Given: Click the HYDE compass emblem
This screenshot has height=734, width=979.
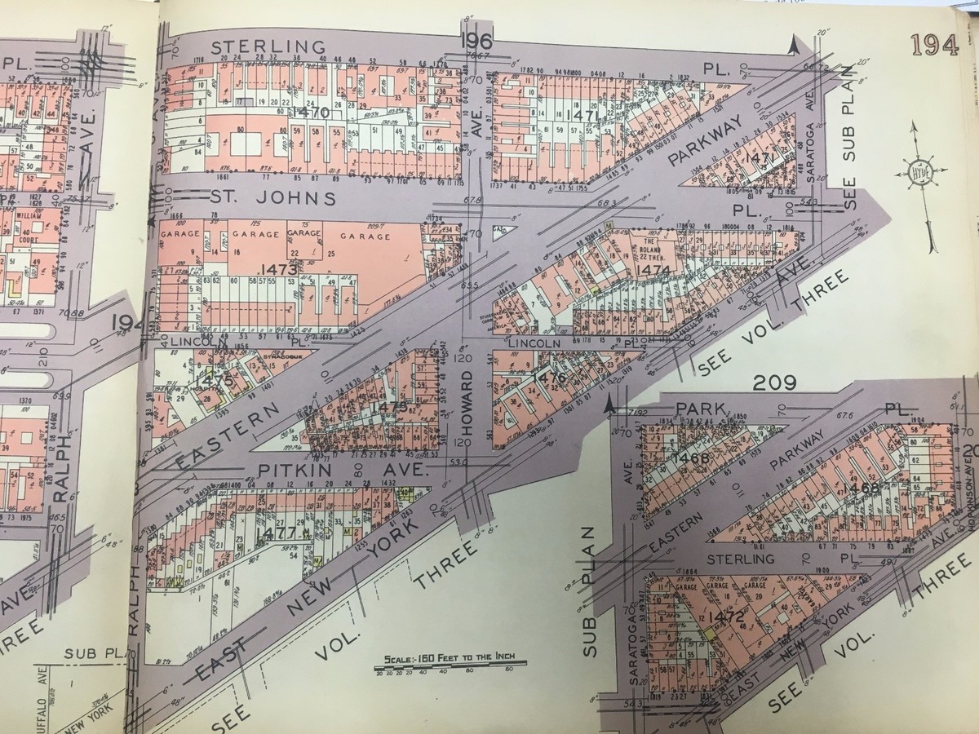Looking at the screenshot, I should tap(921, 173).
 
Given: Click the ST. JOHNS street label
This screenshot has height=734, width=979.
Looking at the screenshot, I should tap(273, 198).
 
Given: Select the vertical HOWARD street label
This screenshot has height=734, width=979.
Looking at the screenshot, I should tap(468, 398).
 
